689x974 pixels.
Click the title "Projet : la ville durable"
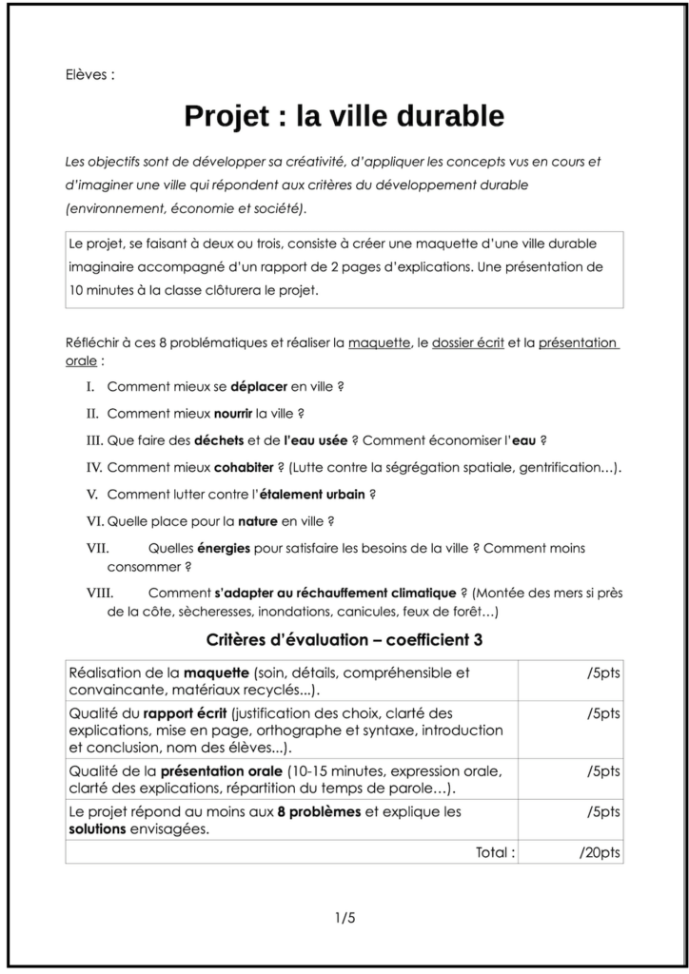click(344, 117)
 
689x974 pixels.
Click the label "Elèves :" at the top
click(90, 73)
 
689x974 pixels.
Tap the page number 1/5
click(344, 918)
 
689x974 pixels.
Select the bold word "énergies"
click(225, 548)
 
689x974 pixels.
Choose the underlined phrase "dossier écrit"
click(467, 343)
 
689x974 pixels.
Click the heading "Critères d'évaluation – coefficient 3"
click(344, 640)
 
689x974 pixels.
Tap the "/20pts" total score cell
click(600, 852)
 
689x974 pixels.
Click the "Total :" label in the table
click(495, 852)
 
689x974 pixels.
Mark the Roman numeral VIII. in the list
click(100, 593)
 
